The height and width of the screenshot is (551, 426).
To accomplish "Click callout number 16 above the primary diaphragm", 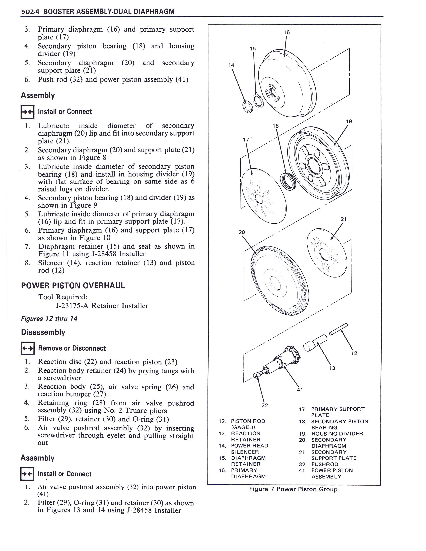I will [287, 32].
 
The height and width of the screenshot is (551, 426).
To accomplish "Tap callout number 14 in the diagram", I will [231, 65].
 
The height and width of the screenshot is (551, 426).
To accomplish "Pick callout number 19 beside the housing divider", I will [349, 121].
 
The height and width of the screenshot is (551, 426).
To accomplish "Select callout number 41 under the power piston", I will [300, 390].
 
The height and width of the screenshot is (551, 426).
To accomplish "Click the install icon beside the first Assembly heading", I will [27, 112].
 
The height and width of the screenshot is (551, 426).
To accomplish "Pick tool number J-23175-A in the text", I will [73, 306].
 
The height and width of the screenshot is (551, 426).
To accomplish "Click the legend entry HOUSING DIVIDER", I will [337, 434].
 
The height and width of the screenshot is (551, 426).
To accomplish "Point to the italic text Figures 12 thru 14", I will [49, 319].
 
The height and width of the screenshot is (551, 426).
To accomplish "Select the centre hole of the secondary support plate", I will [324, 254].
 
